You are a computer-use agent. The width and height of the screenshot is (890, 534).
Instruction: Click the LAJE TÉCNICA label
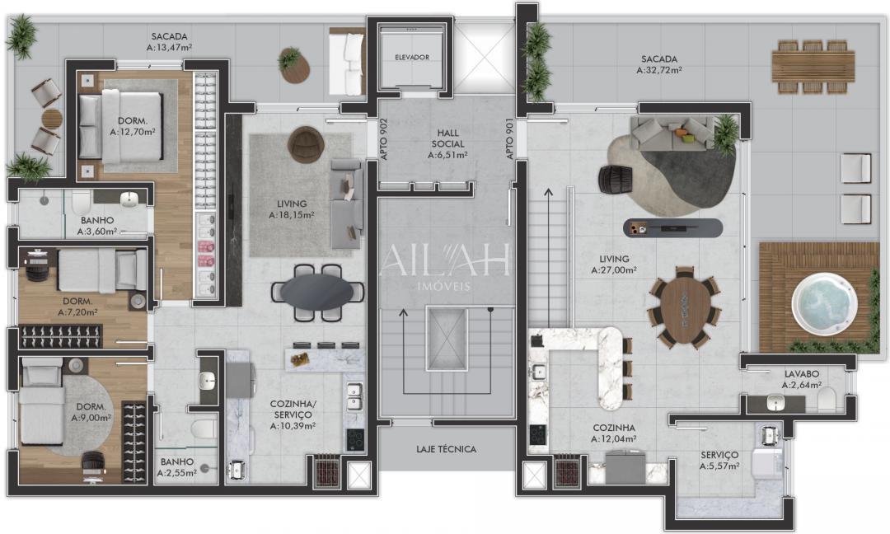[x=446, y=449]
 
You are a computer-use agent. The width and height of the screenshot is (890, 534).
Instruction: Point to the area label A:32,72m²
[x=659, y=71]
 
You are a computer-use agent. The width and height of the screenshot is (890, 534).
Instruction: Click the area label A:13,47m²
[x=170, y=48]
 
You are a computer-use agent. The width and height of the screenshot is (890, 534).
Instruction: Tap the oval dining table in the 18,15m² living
[x=318, y=291]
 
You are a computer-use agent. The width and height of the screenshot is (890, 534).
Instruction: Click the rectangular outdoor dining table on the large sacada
[x=813, y=66]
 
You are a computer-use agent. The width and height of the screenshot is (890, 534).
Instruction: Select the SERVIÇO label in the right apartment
[x=719, y=455]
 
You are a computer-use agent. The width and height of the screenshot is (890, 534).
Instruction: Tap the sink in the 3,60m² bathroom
[x=130, y=200]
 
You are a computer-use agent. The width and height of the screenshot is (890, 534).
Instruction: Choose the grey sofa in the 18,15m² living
[x=346, y=204]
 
